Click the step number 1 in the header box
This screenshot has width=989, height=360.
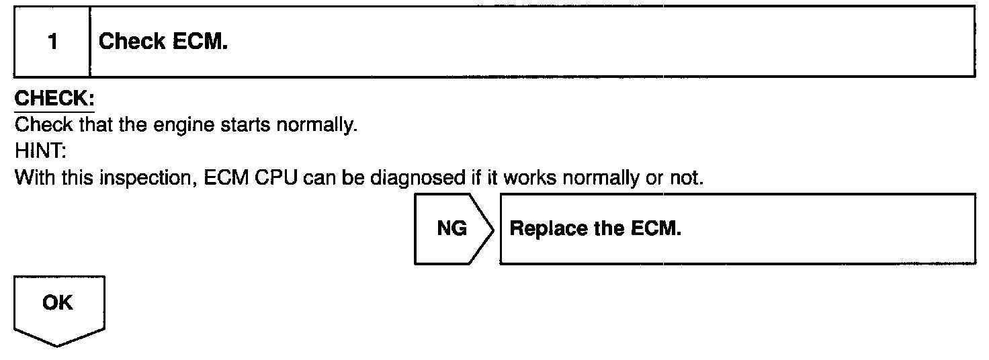[52, 42]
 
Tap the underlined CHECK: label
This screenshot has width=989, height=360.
[54, 99]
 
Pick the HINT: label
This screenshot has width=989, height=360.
[38, 151]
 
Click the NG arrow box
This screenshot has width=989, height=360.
[452, 229]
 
